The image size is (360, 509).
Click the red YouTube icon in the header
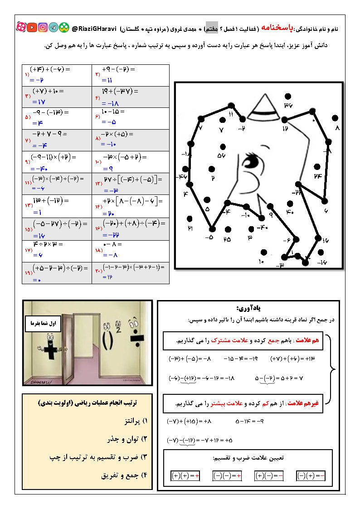pyautogui.click(x=32, y=28)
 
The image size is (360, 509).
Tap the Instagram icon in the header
pyautogui.click(x=43, y=28)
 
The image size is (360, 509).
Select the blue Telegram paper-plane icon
pyautogui.click(x=54, y=28)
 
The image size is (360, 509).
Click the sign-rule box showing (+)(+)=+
pyautogui.click(x=185, y=476)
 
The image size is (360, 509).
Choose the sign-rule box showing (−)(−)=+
pyautogui.click(x=227, y=476)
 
